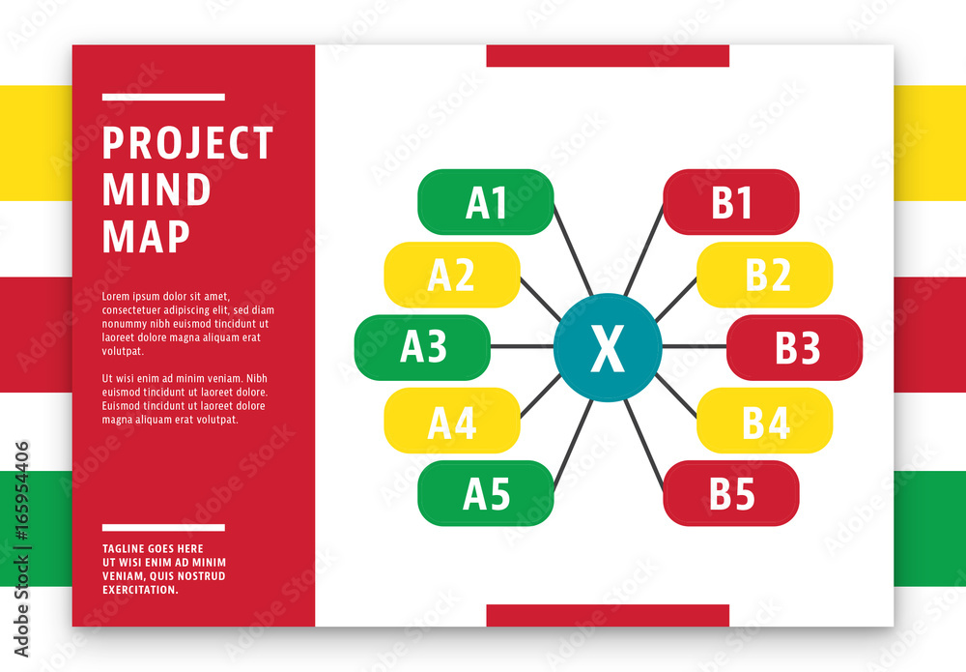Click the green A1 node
pyautogui.click(x=486, y=202)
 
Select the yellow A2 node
pyautogui.click(x=452, y=275)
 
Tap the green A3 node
pyautogui.click(x=423, y=348)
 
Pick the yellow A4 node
pyautogui.click(x=452, y=421)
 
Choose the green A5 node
pyautogui.click(x=486, y=493)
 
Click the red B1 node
pyautogui.click(x=731, y=202)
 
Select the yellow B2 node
pyautogui.click(x=764, y=275)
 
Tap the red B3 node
pyautogui.click(x=795, y=348)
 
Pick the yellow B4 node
pyautogui.click(x=764, y=421)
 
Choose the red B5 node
pyautogui.click(x=731, y=493)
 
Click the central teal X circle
pyautogui.click(x=608, y=348)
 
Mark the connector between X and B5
pyautogui.click(x=643, y=445)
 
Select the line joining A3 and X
pyautogui.click(x=522, y=346)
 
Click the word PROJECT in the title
pyautogui.click(x=187, y=143)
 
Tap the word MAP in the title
pyautogui.click(x=146, y=236)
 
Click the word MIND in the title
pyautogui.click(x=156, y=190)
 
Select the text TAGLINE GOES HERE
pyautogui.click(x=153, y=548)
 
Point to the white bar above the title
pyautogui.click(x=163, y=97)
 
